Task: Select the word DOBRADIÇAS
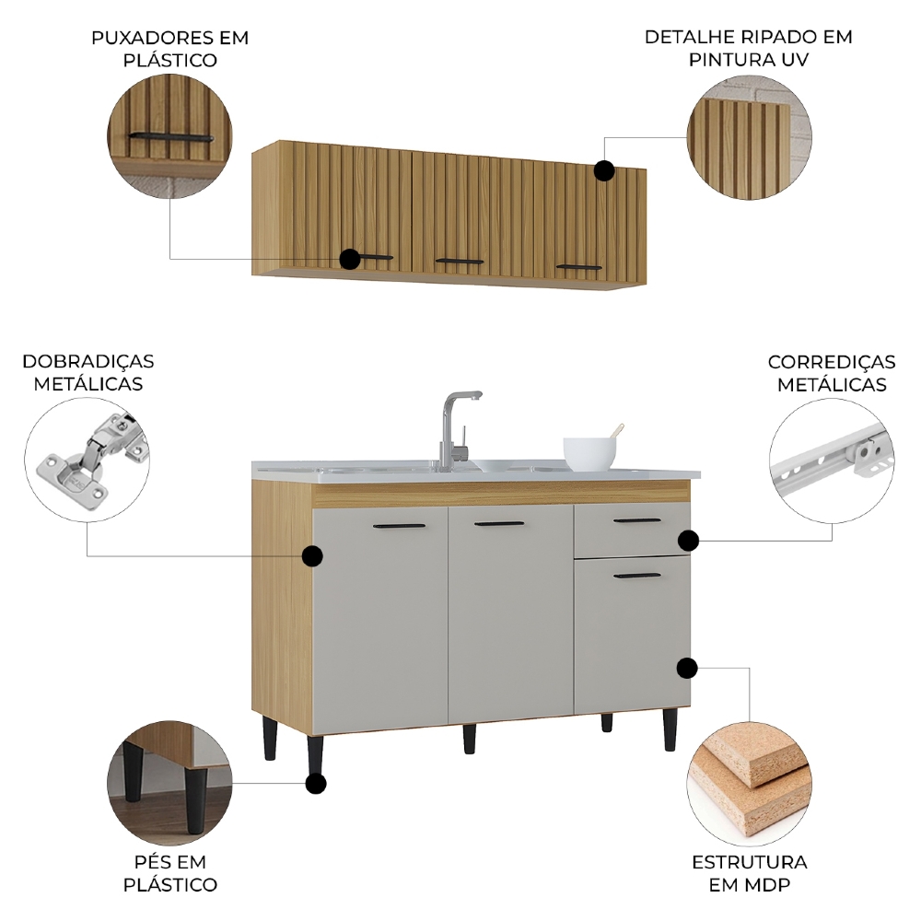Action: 88,361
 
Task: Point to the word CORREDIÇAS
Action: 831,362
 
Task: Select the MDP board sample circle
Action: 750,784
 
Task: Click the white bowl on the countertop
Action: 589,453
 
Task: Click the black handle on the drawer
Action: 636,520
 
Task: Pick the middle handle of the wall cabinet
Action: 460,261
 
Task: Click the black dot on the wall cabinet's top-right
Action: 604,170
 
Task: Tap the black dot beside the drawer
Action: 688,540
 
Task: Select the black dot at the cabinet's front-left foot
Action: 315,783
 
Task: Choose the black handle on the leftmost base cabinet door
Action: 400,526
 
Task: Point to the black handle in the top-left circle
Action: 171,137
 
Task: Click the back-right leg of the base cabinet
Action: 607,722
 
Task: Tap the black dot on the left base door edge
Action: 312,555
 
